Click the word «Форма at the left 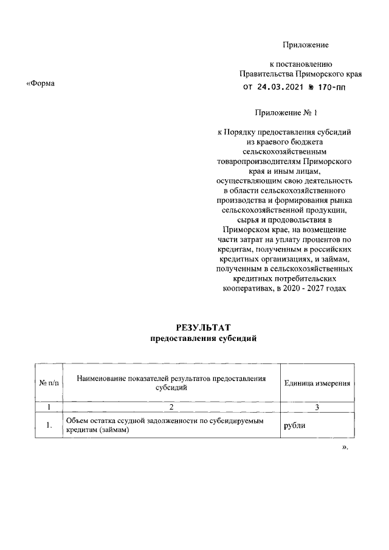(41, 83)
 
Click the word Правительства (266, 74)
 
